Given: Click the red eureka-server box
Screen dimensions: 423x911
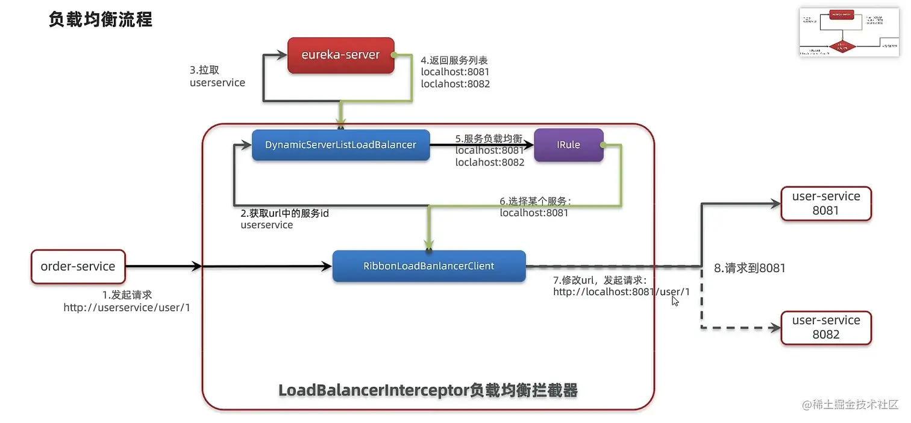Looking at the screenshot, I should tap(340, 55).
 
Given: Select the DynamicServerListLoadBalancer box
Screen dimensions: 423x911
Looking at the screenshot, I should tap(340, 145).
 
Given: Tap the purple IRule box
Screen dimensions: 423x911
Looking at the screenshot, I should tap(569, 145).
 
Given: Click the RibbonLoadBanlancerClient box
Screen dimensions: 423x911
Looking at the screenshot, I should tap(428, 266).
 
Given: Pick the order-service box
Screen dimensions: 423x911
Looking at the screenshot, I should tap(78, 266).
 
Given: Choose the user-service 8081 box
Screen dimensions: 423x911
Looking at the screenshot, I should tap(825, 203).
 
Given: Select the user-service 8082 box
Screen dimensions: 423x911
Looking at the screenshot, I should tap(825, 327).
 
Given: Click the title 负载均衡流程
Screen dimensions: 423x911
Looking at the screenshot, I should tap(100, 19).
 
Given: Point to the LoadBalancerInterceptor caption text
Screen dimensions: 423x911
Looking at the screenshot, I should tap(428, 390).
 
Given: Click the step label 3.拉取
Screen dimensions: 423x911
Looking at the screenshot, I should tap(205, 70).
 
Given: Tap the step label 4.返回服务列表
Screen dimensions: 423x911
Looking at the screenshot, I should tap(454, 60).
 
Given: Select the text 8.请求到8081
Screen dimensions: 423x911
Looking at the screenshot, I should tap(750, 268).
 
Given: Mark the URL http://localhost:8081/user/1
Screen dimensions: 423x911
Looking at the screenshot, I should tap(621, 292).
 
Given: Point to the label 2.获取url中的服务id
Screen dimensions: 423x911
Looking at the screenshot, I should tap(284, 214).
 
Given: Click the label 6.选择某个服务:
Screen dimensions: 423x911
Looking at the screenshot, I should tap(535, 201).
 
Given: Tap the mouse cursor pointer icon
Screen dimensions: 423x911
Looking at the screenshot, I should tap(675, 300).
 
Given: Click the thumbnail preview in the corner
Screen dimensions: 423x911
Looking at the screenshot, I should tap(848, 33).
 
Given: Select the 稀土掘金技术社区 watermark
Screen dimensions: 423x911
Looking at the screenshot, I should tap(850, 404).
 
